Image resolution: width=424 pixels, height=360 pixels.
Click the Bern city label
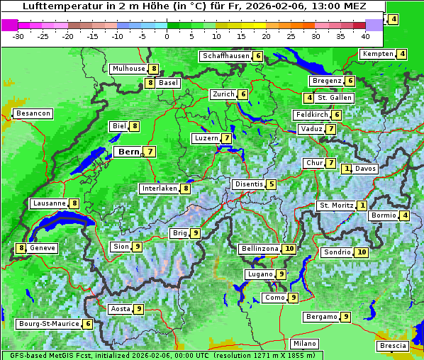pyautogui.click(x=128, y=152)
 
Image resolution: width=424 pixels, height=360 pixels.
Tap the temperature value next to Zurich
pyautogui.click(x=243, y=94)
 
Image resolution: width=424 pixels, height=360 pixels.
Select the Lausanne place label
pyautogui.click(x=49, y=203)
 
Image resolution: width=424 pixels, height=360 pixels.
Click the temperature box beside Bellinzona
pyautogui.click(x=289, y=249)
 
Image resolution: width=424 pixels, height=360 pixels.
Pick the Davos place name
pyautogui.click(x=365, y=169)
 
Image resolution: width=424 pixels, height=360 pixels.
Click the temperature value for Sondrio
pyautogui.click(x=362, y=252)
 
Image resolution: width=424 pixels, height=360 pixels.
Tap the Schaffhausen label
pyautogui.click(x=225, y=56)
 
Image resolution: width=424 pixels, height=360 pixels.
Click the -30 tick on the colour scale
pyautogui.click(x=19, y=36)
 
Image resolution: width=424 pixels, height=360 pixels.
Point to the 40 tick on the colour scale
pyautogui.click(x=365, y=36)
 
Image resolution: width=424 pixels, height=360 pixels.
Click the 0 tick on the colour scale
pyautogui.click(x=167, y=36)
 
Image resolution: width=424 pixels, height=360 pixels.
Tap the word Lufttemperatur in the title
pyautogui.click(x=56, y=6)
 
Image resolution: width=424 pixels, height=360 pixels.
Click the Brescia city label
pyautogui.click(x=393, y=346)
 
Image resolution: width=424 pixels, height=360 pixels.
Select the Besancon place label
pyautogui.click(x=33, y=113)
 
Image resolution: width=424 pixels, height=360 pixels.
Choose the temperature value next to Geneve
pyautogui.click(x=21, y=248)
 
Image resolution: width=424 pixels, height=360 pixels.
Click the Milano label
pyautogui.click(x=305, y=344)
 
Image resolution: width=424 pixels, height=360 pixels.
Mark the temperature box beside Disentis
pyautogui.click(x=272, y=184)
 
